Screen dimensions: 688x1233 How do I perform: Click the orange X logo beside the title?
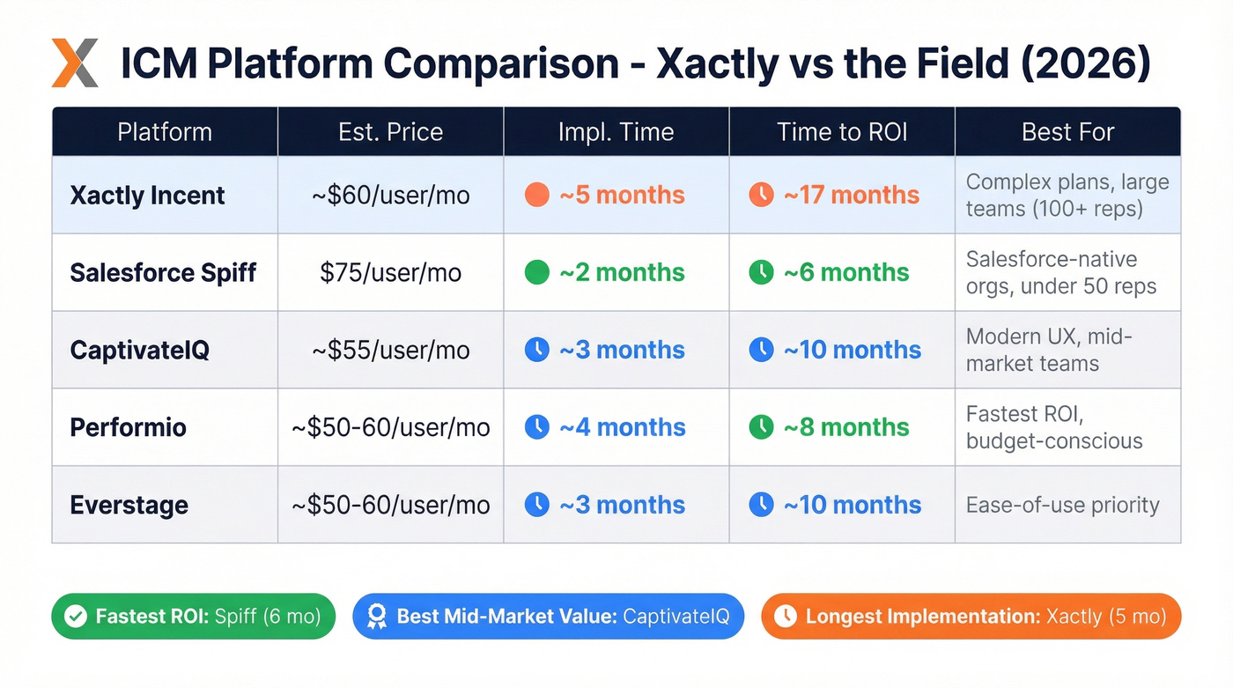[74, 63]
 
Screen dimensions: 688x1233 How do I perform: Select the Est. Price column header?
[390, 132]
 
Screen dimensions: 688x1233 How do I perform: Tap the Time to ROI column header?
[842, 132]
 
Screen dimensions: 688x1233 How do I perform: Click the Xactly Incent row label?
[147, 196]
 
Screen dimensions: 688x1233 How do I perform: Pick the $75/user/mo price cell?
[390, 272]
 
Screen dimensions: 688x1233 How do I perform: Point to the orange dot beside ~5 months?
[536, 196]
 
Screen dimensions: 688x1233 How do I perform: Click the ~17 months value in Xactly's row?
[851, 196]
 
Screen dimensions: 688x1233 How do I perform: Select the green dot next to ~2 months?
[536, 272]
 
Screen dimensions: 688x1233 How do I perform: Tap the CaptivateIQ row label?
[139, 350]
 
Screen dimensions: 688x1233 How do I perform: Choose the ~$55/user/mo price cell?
[390, 350]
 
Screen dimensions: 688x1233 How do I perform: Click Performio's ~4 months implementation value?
[622, 427]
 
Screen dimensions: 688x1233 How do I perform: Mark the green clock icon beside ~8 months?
[761, 427]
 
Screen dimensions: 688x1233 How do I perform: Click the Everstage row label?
[129, 505]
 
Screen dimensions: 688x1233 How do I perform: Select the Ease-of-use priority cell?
[1062, 505]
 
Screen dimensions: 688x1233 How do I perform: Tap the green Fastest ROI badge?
[194, 616]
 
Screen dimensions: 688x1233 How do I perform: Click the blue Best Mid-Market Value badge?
[548, 616]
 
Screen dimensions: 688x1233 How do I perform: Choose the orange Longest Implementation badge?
[970, 616]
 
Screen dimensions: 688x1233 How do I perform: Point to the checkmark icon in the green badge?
[76, 616]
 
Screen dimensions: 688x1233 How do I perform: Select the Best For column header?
[1067, 132]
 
